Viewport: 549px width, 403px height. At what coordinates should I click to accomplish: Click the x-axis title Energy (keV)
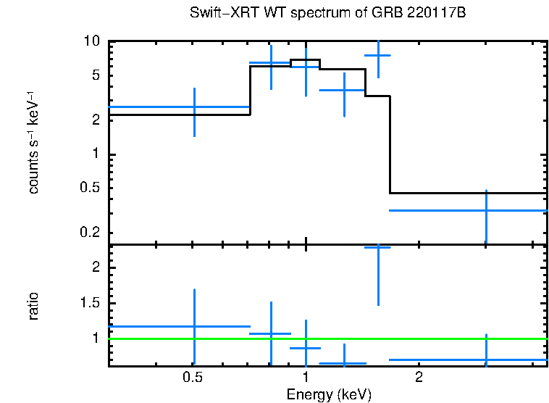click(x=329, y=394)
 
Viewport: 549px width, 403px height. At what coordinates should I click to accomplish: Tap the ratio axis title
click(x=33, y=306)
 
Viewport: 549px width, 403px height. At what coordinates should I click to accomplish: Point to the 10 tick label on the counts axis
click(x=91, y=41)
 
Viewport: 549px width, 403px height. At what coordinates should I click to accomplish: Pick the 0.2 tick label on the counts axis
click(x=89, y=233)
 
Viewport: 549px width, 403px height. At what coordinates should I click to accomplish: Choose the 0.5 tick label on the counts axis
click(x=89, y=188)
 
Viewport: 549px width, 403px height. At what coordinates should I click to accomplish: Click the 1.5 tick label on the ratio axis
click(x=89, y=303)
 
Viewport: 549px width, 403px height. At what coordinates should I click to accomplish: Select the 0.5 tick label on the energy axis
click(x=192, y=378)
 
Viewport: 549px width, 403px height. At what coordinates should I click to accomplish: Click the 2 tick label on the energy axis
click(x=419, y=378)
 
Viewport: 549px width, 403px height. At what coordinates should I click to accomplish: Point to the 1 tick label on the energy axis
click(x=306, y=378)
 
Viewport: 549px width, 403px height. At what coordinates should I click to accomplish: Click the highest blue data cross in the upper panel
click(x=377, y=55)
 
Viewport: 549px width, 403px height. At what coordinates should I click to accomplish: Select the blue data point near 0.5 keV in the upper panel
click(x=193, y=107)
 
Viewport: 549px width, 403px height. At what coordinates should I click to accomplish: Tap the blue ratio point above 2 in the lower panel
click(x=377, y=248)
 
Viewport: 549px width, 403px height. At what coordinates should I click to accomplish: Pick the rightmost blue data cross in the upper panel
click(x=485, y=210)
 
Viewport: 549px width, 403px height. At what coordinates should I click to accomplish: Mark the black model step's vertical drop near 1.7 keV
click(x=390, y=145)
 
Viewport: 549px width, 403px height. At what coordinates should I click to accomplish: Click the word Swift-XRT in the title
click(x=217, y=14)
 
